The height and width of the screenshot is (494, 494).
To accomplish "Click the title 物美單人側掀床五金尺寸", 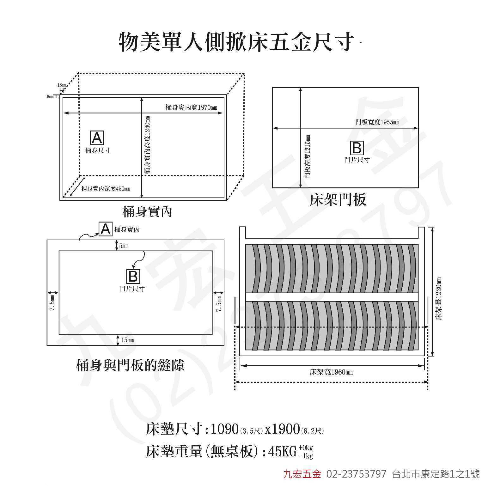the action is point(236,42).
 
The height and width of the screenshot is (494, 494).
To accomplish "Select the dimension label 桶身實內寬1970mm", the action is point(192,107).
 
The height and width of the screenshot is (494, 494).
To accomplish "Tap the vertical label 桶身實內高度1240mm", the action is point(148,145).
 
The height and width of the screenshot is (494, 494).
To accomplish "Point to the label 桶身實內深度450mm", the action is point(106,189).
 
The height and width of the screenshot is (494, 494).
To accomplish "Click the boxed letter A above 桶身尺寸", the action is point(97,138).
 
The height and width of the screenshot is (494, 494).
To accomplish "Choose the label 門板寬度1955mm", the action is point(377,122).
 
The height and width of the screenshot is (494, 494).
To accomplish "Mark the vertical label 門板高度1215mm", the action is point(308,157).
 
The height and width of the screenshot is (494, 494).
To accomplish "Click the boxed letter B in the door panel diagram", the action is point(357,148).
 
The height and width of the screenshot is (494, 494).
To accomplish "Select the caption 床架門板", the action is point(338,200).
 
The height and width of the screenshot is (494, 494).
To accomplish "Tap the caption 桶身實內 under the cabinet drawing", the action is point(147,211).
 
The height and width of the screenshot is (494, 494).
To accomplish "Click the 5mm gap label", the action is point(124,246).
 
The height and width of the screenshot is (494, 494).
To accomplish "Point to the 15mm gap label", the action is point(127,340).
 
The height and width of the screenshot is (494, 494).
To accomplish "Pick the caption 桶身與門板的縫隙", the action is point(130,365).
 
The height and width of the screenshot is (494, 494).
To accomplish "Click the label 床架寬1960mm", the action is point(331,372).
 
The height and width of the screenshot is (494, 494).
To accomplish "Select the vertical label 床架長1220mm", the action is point(439,299).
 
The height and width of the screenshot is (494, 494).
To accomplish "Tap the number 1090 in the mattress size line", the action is point(224,429).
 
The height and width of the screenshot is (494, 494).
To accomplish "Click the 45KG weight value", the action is point(282,451).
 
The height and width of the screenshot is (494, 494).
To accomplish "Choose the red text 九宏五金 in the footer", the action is point(302,474).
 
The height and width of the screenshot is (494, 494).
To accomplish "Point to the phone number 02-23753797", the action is point(356,474).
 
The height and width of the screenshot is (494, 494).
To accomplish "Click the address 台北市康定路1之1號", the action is point(436,474).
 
